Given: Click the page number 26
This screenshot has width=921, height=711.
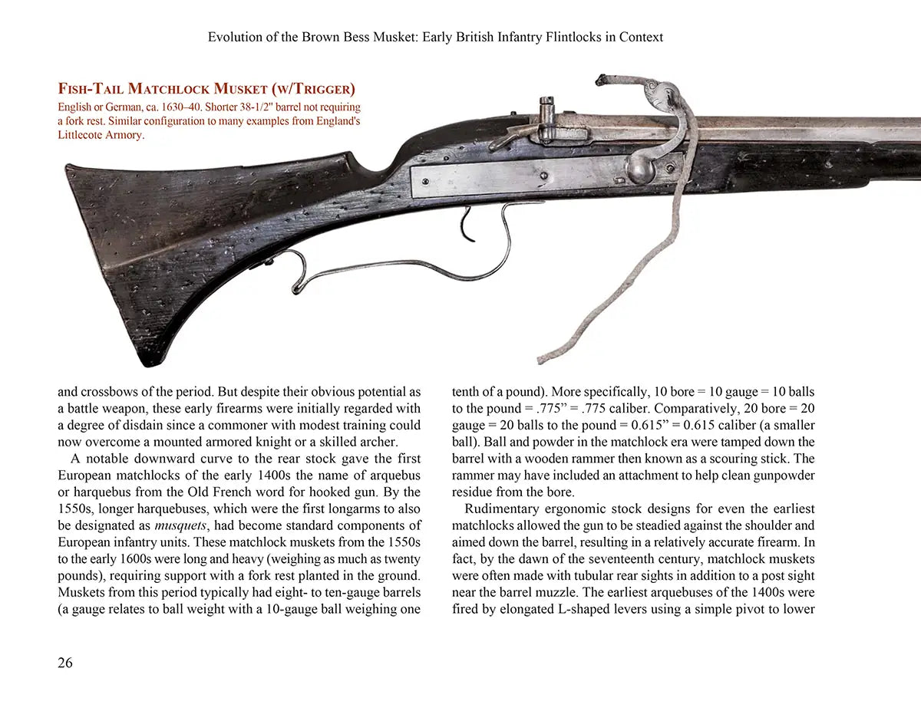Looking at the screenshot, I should pos(65,663).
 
